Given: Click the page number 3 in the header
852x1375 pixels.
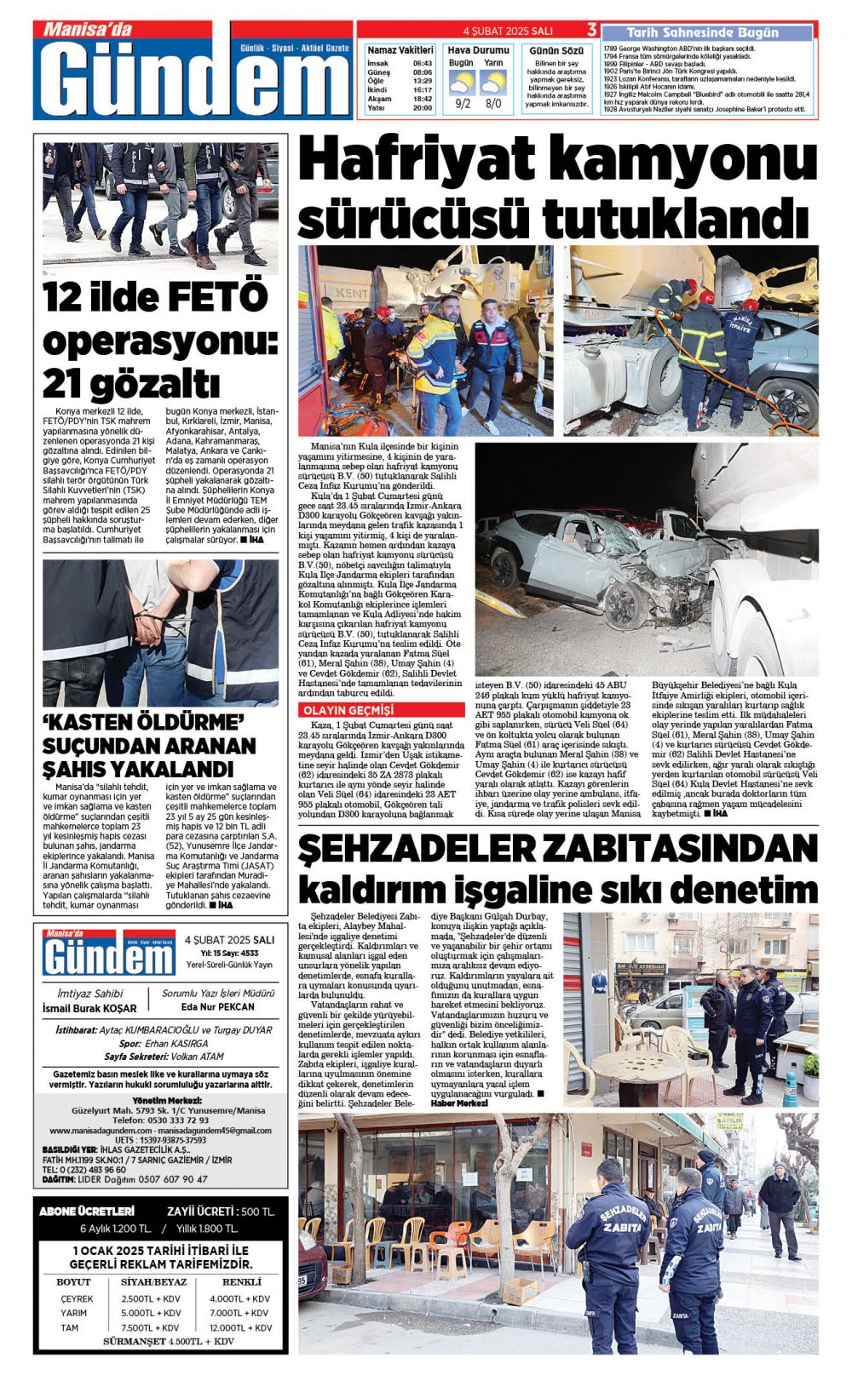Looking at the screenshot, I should click(591, 30).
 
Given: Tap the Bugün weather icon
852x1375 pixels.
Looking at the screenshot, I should click(462, 83).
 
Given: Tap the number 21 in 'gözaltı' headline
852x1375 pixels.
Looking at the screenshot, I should click(63, 384).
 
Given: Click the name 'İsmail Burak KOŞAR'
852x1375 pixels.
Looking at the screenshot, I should click(89, 1008).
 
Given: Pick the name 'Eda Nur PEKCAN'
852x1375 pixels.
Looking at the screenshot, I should click(218, 1006).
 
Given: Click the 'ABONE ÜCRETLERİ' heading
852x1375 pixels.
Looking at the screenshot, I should click(87, 1211).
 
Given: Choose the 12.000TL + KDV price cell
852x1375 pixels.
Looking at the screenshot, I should click(240, 1327).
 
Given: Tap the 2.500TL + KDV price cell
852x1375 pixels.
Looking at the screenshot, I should click(151, 1298).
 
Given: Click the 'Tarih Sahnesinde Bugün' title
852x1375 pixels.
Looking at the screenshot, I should click(708, 32).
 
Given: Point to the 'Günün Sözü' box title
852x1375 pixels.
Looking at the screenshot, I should click(556, 51).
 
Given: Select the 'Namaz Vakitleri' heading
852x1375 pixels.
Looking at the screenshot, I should click(400, 50).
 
